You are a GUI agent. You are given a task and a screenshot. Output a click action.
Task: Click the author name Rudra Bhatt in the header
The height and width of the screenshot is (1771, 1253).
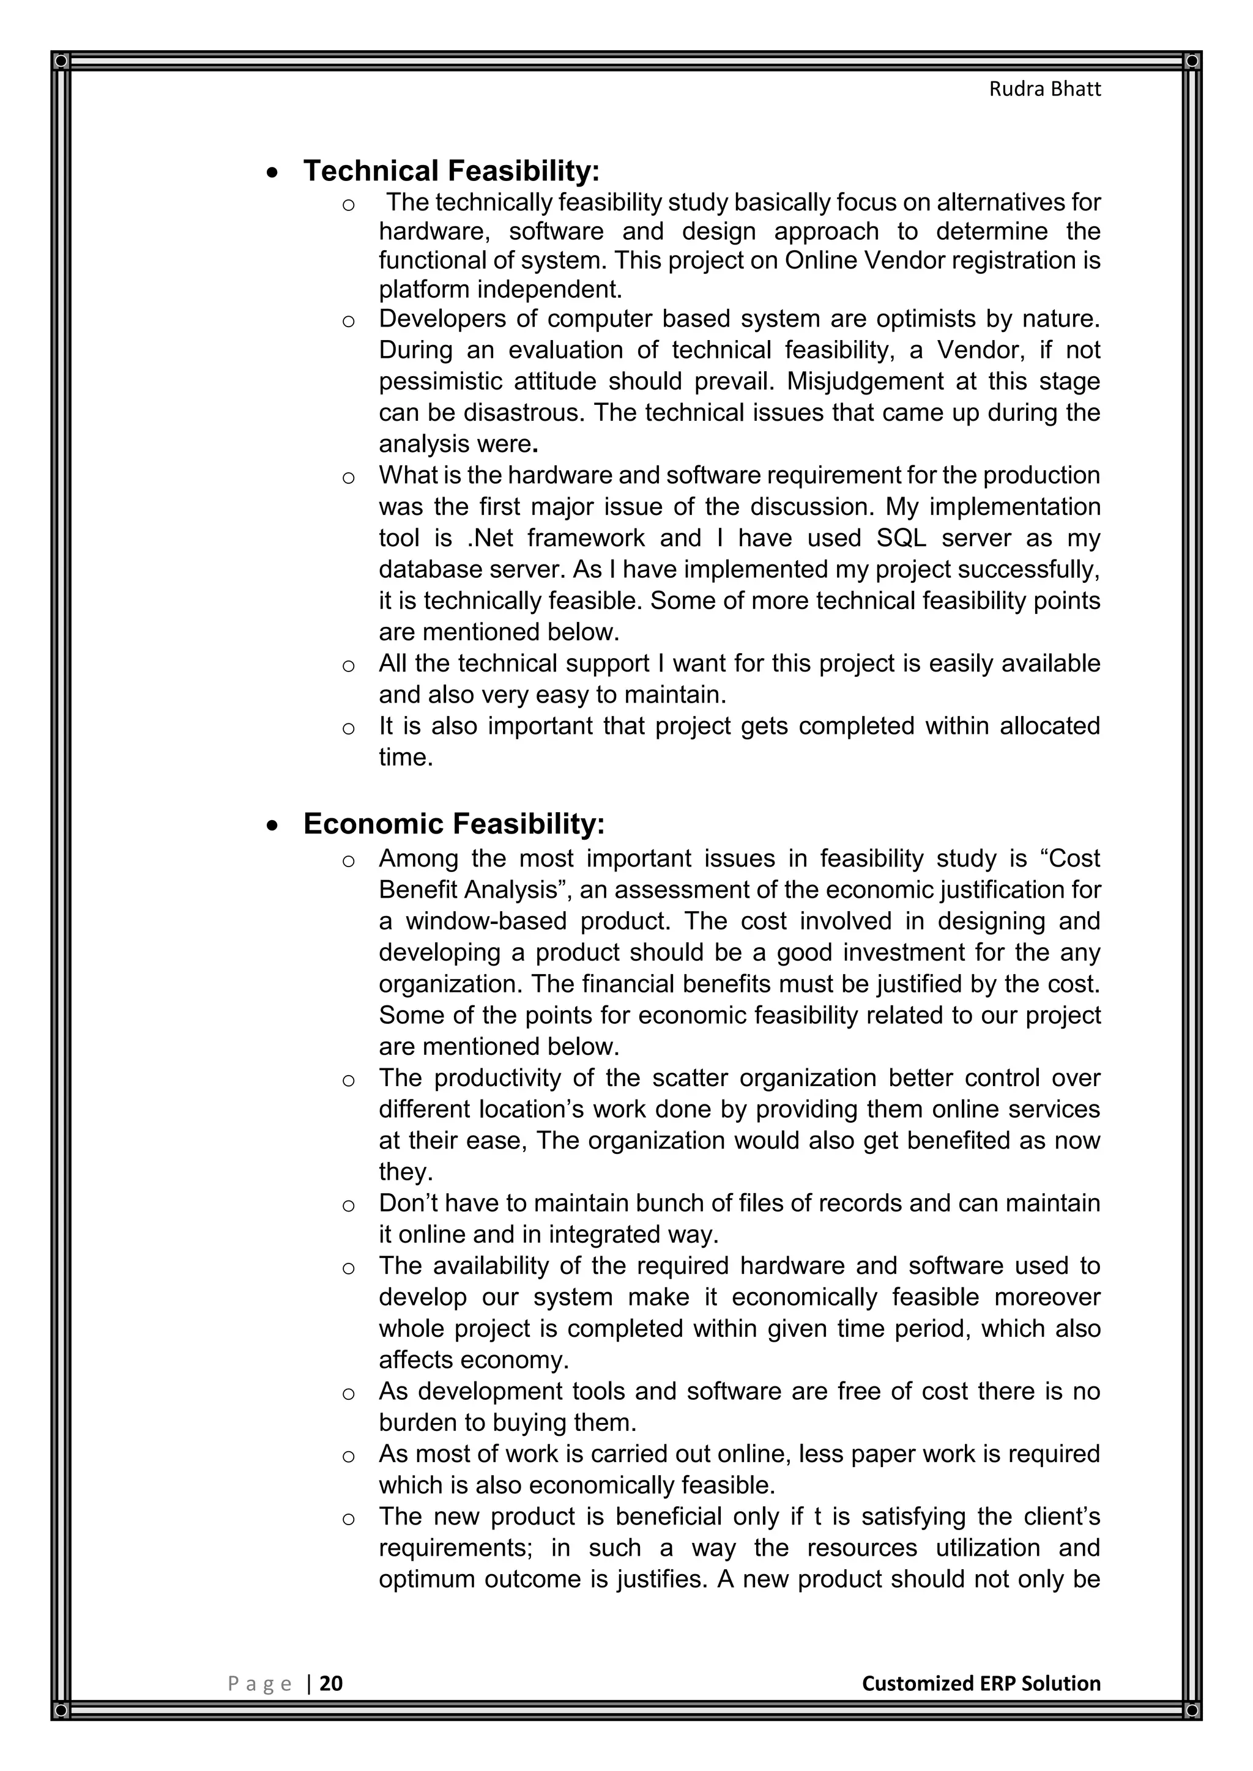click(1045, 89)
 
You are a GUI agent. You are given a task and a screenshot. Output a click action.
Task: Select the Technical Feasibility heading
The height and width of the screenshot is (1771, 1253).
click(452, 171)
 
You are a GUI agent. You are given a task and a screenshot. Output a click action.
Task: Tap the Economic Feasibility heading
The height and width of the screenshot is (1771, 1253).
click(454, 824)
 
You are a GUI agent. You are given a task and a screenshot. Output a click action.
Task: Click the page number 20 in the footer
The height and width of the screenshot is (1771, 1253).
click(331, 1683)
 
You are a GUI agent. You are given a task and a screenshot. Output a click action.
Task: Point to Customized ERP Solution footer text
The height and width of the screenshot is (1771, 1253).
click(981, 1683)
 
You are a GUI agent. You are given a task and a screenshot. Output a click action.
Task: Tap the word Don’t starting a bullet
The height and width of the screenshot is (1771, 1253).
click(409, 1202)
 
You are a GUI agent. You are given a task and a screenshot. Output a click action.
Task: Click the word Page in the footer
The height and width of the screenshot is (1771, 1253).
click(260, 1684)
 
